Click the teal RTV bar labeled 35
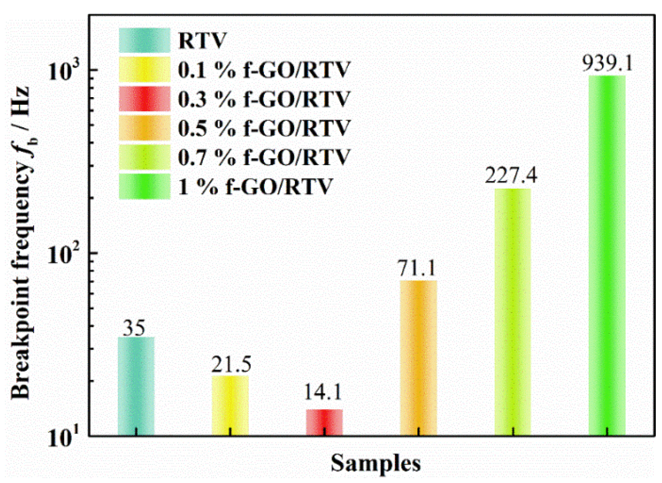pos(136,386)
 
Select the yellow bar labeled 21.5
pos(230,405)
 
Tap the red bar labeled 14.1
pos(324,422)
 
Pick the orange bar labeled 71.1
pos(418,358)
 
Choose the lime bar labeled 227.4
pos(512,311)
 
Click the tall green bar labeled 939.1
pos(607,256)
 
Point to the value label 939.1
pos(607,63)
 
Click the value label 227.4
pos(511,175)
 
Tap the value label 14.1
pos(323,392)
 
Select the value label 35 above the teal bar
pos(134,328)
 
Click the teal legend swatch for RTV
pos(144,40)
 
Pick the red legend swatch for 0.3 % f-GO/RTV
pos(144,99)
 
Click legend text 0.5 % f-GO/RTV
pos(264,128)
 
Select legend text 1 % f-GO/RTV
pos(255,187)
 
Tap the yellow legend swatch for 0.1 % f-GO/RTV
pos(144,69)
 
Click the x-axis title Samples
pos(376,463)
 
